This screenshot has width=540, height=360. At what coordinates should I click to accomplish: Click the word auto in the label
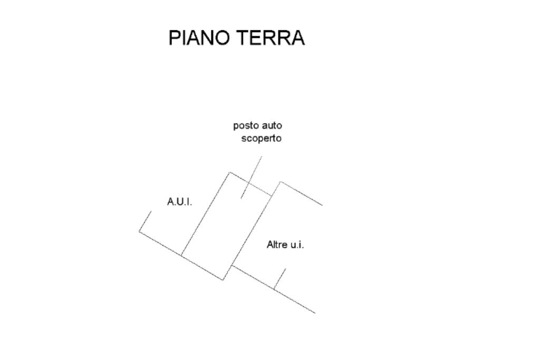(x=272, y=126)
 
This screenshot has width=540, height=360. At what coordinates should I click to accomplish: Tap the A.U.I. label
(x=179, y=202)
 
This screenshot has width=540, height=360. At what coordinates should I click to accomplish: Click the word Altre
(x=277, y=245)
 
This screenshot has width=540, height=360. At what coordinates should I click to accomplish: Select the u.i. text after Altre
(x=298, y=245)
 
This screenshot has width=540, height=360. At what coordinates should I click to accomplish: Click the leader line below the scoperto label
(x=252, y=177)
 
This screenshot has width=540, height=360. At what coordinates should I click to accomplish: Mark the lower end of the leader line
(x=242, y=198)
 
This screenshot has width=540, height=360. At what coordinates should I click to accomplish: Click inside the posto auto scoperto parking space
(x=227, y=227)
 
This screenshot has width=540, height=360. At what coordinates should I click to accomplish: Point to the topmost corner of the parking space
(x=230, y=172)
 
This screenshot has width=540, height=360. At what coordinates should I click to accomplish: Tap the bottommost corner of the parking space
(x=223, y=280)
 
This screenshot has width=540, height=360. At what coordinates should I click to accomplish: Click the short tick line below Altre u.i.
(x=279, y=279)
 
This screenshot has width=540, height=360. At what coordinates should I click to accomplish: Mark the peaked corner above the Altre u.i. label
(x=281, y=182)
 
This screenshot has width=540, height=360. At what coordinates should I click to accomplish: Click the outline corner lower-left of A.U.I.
(x=139, y=231)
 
